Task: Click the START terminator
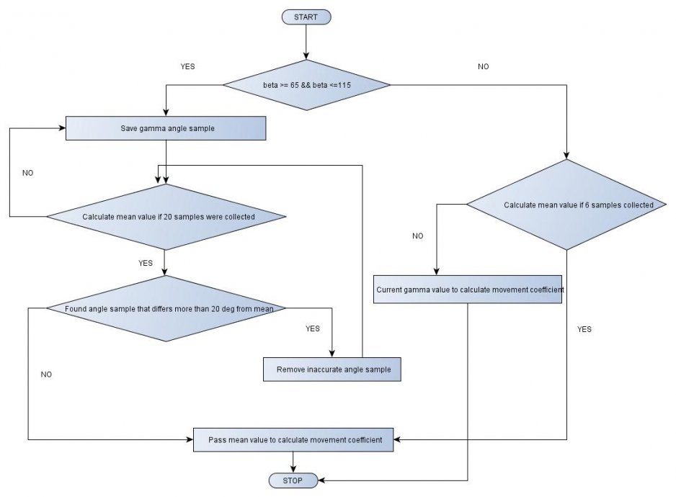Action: (x=306, y=17)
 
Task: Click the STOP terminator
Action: (x=293, y=480)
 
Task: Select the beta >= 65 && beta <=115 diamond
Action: (x=307, y=86)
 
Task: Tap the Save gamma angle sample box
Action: (x=166, y=128)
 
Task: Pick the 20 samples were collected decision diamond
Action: (x=166, y=216)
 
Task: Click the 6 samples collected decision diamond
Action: (x=566, y=205)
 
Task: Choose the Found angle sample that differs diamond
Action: (x=166, y=309)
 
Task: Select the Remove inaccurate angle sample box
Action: (x=332, y=370)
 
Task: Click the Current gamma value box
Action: (x=468, y=290)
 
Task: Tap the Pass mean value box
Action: (x=293, y=439)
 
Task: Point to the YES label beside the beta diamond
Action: (x=187, y=66)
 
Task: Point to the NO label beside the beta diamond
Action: (x=483, y=66)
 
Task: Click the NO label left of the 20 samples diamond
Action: (x=28, y=173)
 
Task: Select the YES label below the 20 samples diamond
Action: (x=146, y=263)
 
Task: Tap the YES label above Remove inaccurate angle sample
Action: (x=312, y=328)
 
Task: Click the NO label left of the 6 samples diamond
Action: (x=418, y=236)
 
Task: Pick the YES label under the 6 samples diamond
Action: (x=584, y=329)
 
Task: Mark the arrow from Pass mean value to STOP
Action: (x=293, y=462)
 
